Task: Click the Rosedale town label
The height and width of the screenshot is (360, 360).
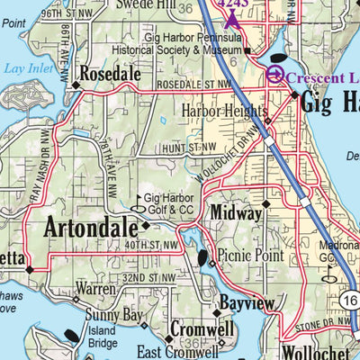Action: [113, 72]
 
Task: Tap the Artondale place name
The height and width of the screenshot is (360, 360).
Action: [87, 226]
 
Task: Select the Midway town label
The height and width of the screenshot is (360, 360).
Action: [234, 211]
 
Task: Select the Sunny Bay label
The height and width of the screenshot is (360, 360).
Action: [113, 316]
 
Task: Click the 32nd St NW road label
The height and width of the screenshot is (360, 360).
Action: [147, 277]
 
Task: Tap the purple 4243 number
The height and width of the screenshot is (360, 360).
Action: [234, 4]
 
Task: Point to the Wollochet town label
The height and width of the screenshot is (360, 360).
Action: [310, 351]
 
